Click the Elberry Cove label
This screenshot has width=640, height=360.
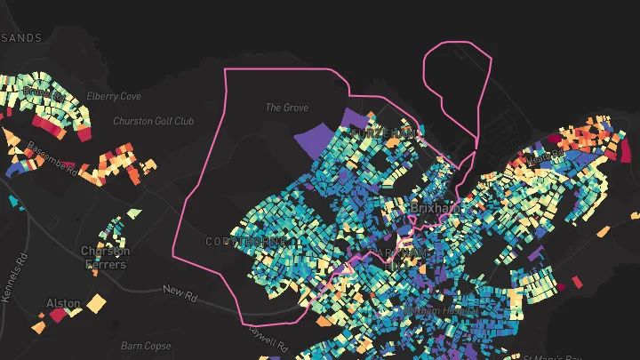coord(114,96)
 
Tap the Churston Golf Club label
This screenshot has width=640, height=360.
coord(153,121)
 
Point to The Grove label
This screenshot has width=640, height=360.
coord(287,108)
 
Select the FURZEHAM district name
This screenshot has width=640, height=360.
coord(382,132)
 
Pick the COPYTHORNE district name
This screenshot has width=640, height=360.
coord(245,242)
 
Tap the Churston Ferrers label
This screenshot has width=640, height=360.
coord(106,257)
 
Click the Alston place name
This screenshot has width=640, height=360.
coord(62,304)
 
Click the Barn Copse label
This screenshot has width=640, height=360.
coord(146,346)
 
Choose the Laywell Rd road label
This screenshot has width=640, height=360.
coord(268,338)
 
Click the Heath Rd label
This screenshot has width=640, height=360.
coord(545,156)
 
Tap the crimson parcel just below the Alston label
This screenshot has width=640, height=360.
coord(59,315)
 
